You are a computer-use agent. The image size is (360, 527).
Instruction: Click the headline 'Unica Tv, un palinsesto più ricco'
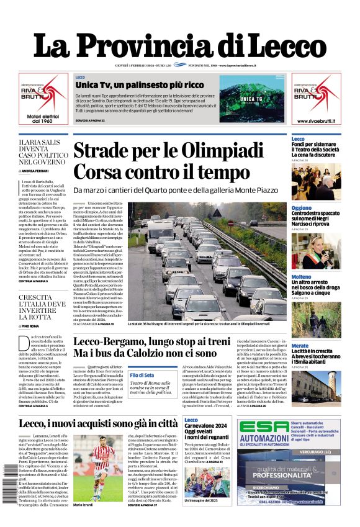(x=139, y=85)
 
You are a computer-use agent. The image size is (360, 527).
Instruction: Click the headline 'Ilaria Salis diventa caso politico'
(x=43, y=153)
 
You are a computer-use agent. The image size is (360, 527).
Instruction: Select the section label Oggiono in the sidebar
(x=302, y=208)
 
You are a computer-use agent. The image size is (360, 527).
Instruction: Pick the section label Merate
(x=300, y=345)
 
